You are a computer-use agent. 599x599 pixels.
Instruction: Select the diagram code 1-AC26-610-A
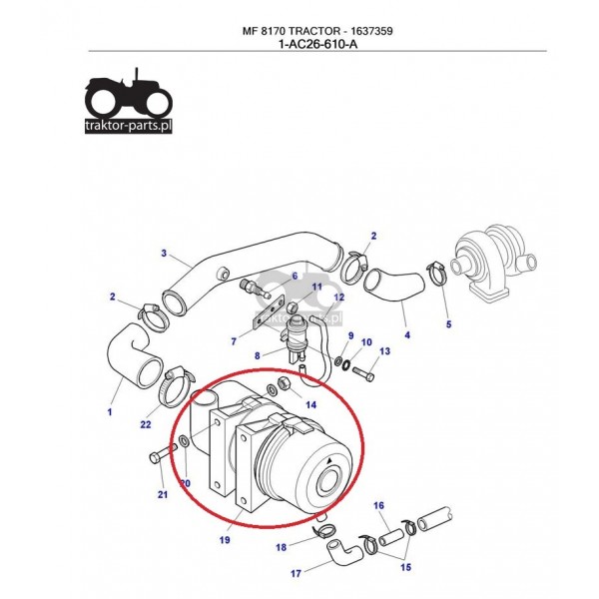point(317,44)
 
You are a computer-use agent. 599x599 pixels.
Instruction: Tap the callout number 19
point(225,540)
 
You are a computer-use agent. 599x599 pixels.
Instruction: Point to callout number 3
point(163,253)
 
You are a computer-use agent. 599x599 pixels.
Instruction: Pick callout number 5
point(448,324)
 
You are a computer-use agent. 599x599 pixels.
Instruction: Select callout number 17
point(296,574)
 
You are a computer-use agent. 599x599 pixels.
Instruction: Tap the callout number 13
point(383,351)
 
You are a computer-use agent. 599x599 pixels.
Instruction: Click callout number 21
point(162,495)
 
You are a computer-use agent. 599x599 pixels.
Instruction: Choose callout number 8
point(257,354)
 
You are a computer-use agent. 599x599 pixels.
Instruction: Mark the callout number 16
point(379,506)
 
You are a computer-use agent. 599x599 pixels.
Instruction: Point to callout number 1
point(109,410)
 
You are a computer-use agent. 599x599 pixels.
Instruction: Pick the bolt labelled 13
point(363,376)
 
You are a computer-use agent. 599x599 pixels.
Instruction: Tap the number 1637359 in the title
point(364,31)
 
